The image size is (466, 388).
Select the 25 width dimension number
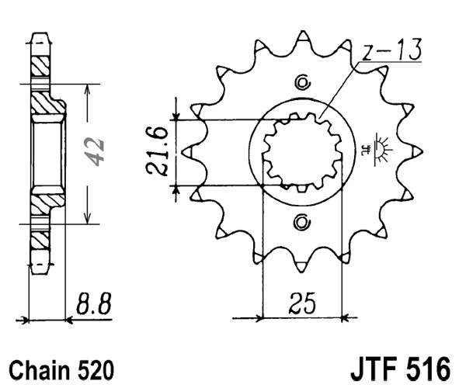coord(304,301)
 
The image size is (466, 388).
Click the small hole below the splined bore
coord(303,223)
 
